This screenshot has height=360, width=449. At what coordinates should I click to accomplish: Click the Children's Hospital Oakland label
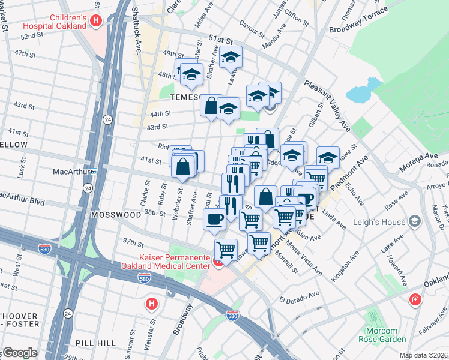tap(58, 22)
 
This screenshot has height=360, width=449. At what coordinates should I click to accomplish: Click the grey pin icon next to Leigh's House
tap(415, 222)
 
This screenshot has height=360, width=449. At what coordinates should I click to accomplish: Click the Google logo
tap(19, 353)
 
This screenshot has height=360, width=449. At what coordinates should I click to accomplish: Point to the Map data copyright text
tap(424, 355)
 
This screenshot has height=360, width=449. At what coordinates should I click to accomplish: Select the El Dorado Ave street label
tap(299, 296)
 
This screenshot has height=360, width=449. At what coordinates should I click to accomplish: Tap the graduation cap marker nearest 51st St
tap(231, 58)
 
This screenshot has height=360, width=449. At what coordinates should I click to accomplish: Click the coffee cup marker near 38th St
tap(215, 220)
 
